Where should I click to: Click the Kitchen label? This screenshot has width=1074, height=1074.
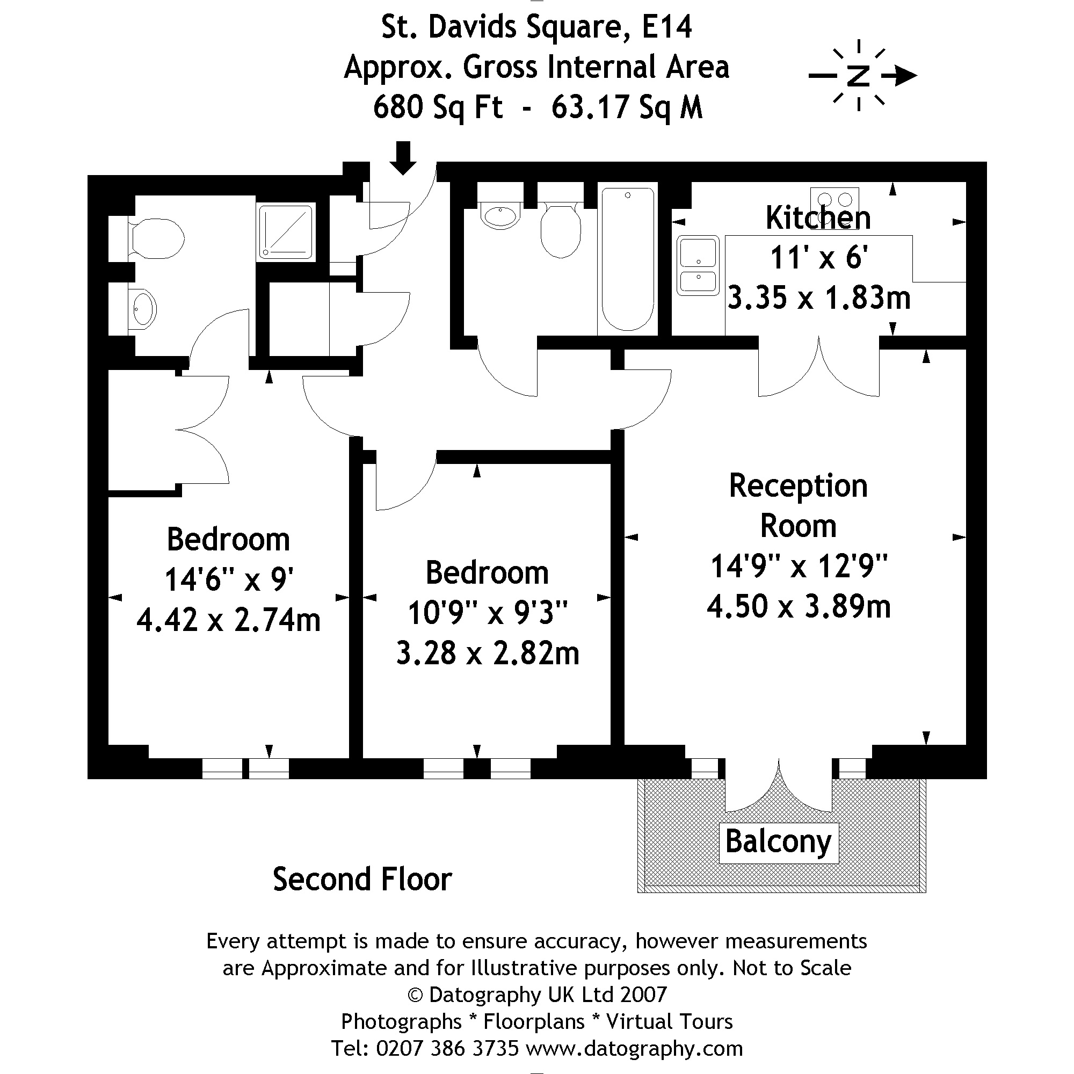[x=818, y=217]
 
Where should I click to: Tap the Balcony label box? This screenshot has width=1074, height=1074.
[x=778, y=843]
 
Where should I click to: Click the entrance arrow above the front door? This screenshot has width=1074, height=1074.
[x=402, y=158]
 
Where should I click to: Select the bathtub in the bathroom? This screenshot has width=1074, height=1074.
[x=628, y=258]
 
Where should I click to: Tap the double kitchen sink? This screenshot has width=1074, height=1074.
[x=698, y=265]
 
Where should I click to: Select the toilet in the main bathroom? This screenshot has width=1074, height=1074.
[x=561, y=230]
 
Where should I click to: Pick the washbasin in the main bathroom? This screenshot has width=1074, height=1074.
[x=500, y=216]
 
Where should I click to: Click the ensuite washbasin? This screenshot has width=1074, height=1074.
[x=142, y=309]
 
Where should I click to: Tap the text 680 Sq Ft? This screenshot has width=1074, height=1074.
[x=438, y=107]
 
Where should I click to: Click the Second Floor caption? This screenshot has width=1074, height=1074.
[x=362, y=880]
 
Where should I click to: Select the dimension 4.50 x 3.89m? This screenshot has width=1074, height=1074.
[x=799, y=606]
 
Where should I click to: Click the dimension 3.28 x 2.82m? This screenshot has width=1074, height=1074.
[x=488, y=653]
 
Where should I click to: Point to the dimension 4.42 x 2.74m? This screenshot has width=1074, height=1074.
[x=228, y=620]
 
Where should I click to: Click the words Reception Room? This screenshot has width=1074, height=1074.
[x=799, y=506]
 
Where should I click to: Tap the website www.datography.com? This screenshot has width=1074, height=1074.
[x=634, y=1048]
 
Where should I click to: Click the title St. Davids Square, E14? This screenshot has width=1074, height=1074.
[x=536, y=27]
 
